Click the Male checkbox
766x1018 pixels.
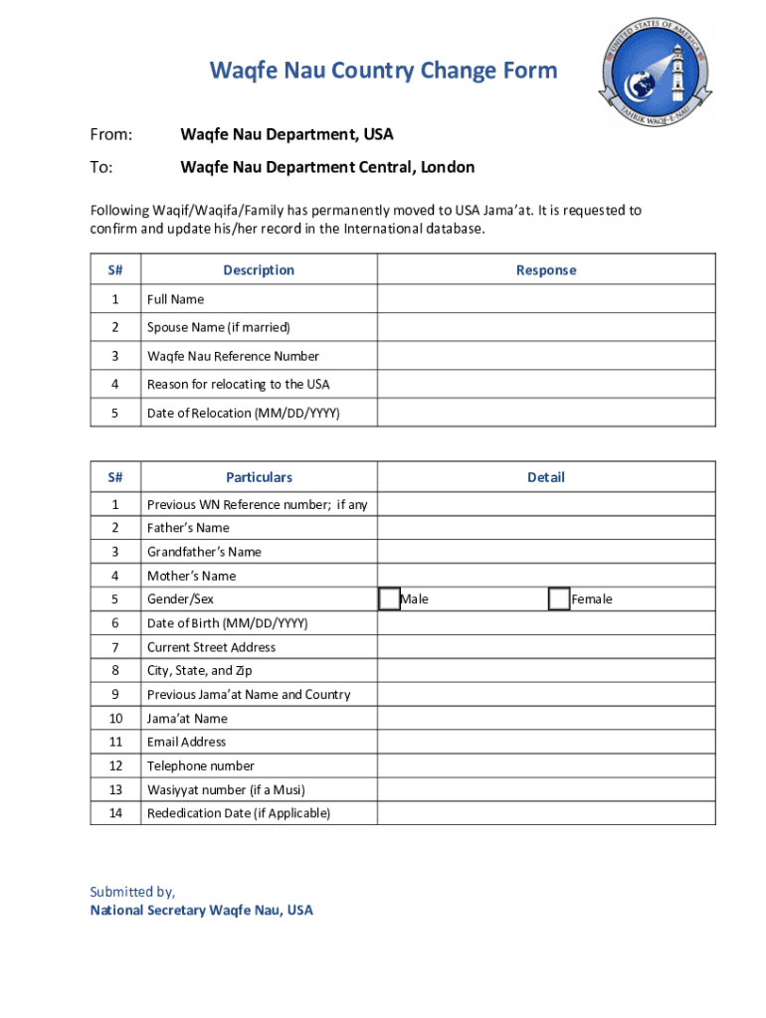tap(389, 598)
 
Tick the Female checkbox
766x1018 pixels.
tap(559, 598)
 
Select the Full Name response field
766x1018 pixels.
tap(545, 299)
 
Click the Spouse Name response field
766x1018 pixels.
tap(545, 327)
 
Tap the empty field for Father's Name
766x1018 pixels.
tap(545, 528)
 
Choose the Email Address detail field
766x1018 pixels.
tap(545, 742)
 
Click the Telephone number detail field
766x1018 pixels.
tap(545, 765)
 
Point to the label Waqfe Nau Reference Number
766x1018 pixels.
tap(233, 356)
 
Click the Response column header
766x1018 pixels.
tap(545, 270)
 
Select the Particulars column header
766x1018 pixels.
tap(259, 477)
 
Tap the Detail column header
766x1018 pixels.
tap(545, 477)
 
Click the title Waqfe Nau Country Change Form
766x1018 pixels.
tap(383, 72)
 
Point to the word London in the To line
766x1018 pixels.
tap(448, 167)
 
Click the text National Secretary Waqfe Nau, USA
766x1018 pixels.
tap(201, 910)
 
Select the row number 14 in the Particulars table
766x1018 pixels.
tap(115, 813)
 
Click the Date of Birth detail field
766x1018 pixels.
tap(545, 623)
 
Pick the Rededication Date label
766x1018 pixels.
tap(239, 813)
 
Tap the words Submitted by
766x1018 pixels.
tap(132, 892)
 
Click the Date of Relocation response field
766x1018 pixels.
tap(545, 413)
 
